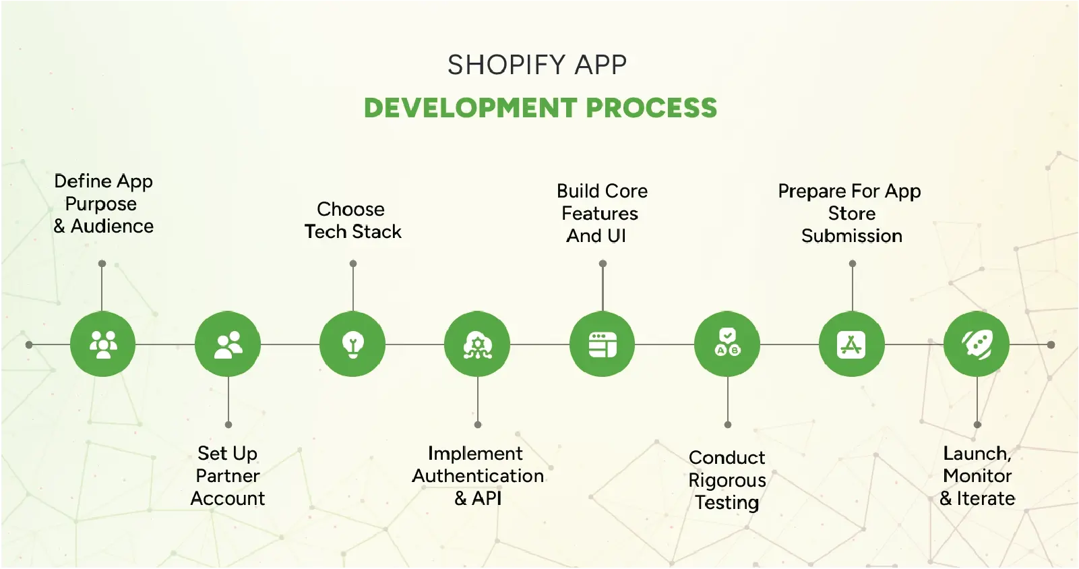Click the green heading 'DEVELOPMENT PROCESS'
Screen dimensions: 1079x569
pyautogui.click(x=541, y=107)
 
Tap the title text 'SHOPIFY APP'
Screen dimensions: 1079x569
pyautogui.click(x=537, y=65)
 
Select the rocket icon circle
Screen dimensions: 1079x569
pyautogui.click(x=977, y=344)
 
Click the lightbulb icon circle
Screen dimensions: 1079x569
pyautogui.click(x=352, y=344)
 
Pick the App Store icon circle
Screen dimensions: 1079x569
pyautogui.click(x=852, y=344)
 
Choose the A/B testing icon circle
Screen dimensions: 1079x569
pyautogui.click(x=727, y=344)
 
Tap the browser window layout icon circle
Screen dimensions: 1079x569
pyautogui.click(x=602, y=344)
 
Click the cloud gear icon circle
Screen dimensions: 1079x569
pyautogui.click(x=477, y=344)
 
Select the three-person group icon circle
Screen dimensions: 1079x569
pyautogui.click(x=102, y=344)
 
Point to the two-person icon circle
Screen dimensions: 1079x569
pyautogui.click(x=228, y=344)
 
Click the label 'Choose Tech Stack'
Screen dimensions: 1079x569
pyautogui.click(x=352, y=220)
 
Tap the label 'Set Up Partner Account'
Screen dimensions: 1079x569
pyautogui.click(x=227, y=475)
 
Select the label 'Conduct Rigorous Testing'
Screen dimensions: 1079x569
pyautogui.click(x=727, y=480)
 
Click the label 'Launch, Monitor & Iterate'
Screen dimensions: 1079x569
pyautogui.click(x=977, y=475)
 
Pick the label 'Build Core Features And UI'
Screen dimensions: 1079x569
pyautogui.click(x=602, y=214)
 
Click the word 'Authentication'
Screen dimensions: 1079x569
pyautogui.click(x=478, y=476)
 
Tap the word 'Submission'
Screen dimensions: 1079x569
pyautogui.click(x=852, y=236)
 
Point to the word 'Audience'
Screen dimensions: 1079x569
pyautogui.click(x=112, y=226)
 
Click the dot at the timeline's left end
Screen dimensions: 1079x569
pyautogui.click(x=29, y=345)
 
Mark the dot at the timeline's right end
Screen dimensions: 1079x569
pyautogui.click(x=1051, y=345)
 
